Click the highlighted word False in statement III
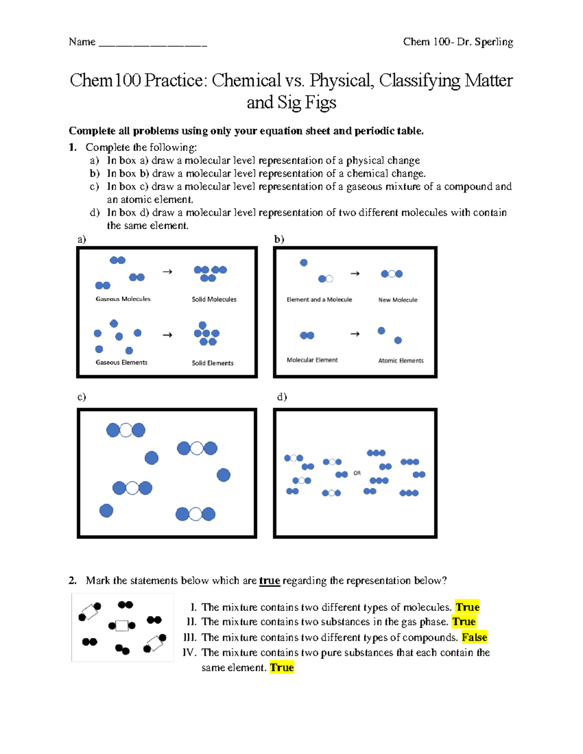474,637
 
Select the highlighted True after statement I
467,607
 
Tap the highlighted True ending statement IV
282,668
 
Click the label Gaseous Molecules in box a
123,299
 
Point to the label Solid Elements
212,363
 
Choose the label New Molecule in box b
398,300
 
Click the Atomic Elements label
401,361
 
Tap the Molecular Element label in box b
312,360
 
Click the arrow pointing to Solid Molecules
168,272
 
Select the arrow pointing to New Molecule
355,274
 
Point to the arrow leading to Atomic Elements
355,334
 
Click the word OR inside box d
357,473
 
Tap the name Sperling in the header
494,42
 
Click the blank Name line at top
153,44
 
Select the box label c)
82,397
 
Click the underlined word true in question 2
270,581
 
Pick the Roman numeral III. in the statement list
190,637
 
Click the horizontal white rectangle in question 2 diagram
122,625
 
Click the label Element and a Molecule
319,300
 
